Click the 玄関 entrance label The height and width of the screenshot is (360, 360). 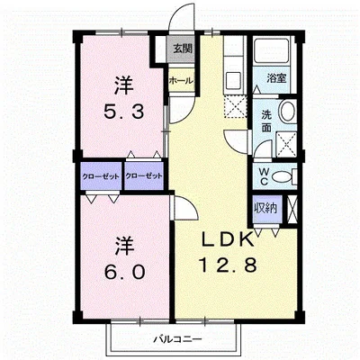pyautogui.click(x=182, y=49)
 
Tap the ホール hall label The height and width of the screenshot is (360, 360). pyautogui.click(x=181, y=80)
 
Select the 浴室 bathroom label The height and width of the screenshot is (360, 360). pyautogui.click(x=276, y=78)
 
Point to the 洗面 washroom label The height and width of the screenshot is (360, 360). pyautogui.click(x=266, y=121)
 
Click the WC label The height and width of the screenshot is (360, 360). pyautogui.click(x=264, y=176)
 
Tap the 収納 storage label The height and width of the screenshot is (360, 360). pyautogui.click(x=266, y=208)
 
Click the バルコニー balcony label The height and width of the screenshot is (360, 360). pyautogui.click(x=178, y=339)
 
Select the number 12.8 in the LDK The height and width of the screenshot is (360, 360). pyautogui.click(x=228, y=265)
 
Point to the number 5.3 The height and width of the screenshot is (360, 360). pyautogui.click(x=123, y=112)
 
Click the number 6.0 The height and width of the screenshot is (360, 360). pyautogui.click(x=124, y=272)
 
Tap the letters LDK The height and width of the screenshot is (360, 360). pyautogui.click(x=227, y=239)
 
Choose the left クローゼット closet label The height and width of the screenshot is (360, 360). pyautogui.click(x=101, y=176)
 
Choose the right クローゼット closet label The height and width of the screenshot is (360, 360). pyautogui.click(x=144, y=176)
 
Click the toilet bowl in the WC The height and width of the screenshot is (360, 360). pyautogui.click(x=283, y=176)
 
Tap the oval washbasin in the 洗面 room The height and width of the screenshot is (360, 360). pyautogui.click(x=287, y=111)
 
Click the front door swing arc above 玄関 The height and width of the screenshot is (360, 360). pyautogui.click(x=177, y=11)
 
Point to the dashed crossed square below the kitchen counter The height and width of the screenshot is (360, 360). pyautogui.click(x=236, y=106)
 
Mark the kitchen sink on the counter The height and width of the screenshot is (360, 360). pyautogui.click(x=233, y=80)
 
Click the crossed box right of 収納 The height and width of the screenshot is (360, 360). pyautogui.click(x=292, y=209)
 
